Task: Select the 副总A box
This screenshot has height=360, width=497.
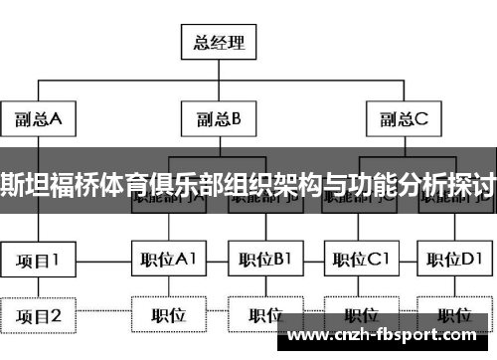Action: pos(39,120)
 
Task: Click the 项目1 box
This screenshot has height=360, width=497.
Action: pos(39,261)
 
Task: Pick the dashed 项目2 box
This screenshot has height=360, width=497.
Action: pos(39,316)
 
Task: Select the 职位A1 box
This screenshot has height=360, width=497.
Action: pos(169,261)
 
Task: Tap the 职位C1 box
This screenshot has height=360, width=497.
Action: pos(360,261)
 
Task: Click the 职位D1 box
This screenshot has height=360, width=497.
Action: pos(454,261)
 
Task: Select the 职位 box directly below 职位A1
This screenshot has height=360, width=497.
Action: pos(169,315)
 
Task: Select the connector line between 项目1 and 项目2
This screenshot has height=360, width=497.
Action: pos(39,288)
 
